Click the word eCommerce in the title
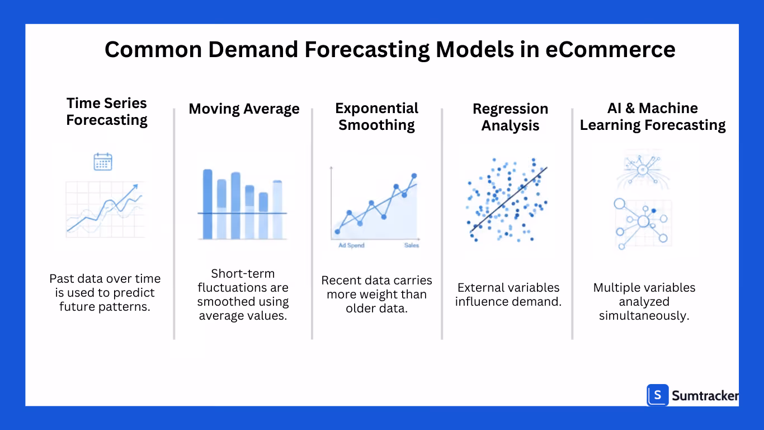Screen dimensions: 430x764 coord(610,49)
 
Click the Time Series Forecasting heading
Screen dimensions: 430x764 coord(107,111)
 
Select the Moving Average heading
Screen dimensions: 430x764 coord(244,109)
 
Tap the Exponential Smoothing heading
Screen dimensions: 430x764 coord(376,116)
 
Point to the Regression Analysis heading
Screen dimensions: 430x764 coord(510,117)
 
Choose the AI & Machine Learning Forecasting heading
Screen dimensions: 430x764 coord(652,116)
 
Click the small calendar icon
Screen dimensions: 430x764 coord(103,162)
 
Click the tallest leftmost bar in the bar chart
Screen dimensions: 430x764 coord(207,204)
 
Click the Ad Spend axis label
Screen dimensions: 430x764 coord(351,245)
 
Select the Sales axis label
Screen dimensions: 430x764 coord(411,245)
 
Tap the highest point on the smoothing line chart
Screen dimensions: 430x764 coord(414,176)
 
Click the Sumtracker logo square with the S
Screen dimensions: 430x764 coord(658,395)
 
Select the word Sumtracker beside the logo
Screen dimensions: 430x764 coord(705,396)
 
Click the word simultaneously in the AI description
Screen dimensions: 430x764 coord(644,315)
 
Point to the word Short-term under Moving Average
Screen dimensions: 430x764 coord(243,274)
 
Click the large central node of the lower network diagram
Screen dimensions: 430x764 coord(643,222)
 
